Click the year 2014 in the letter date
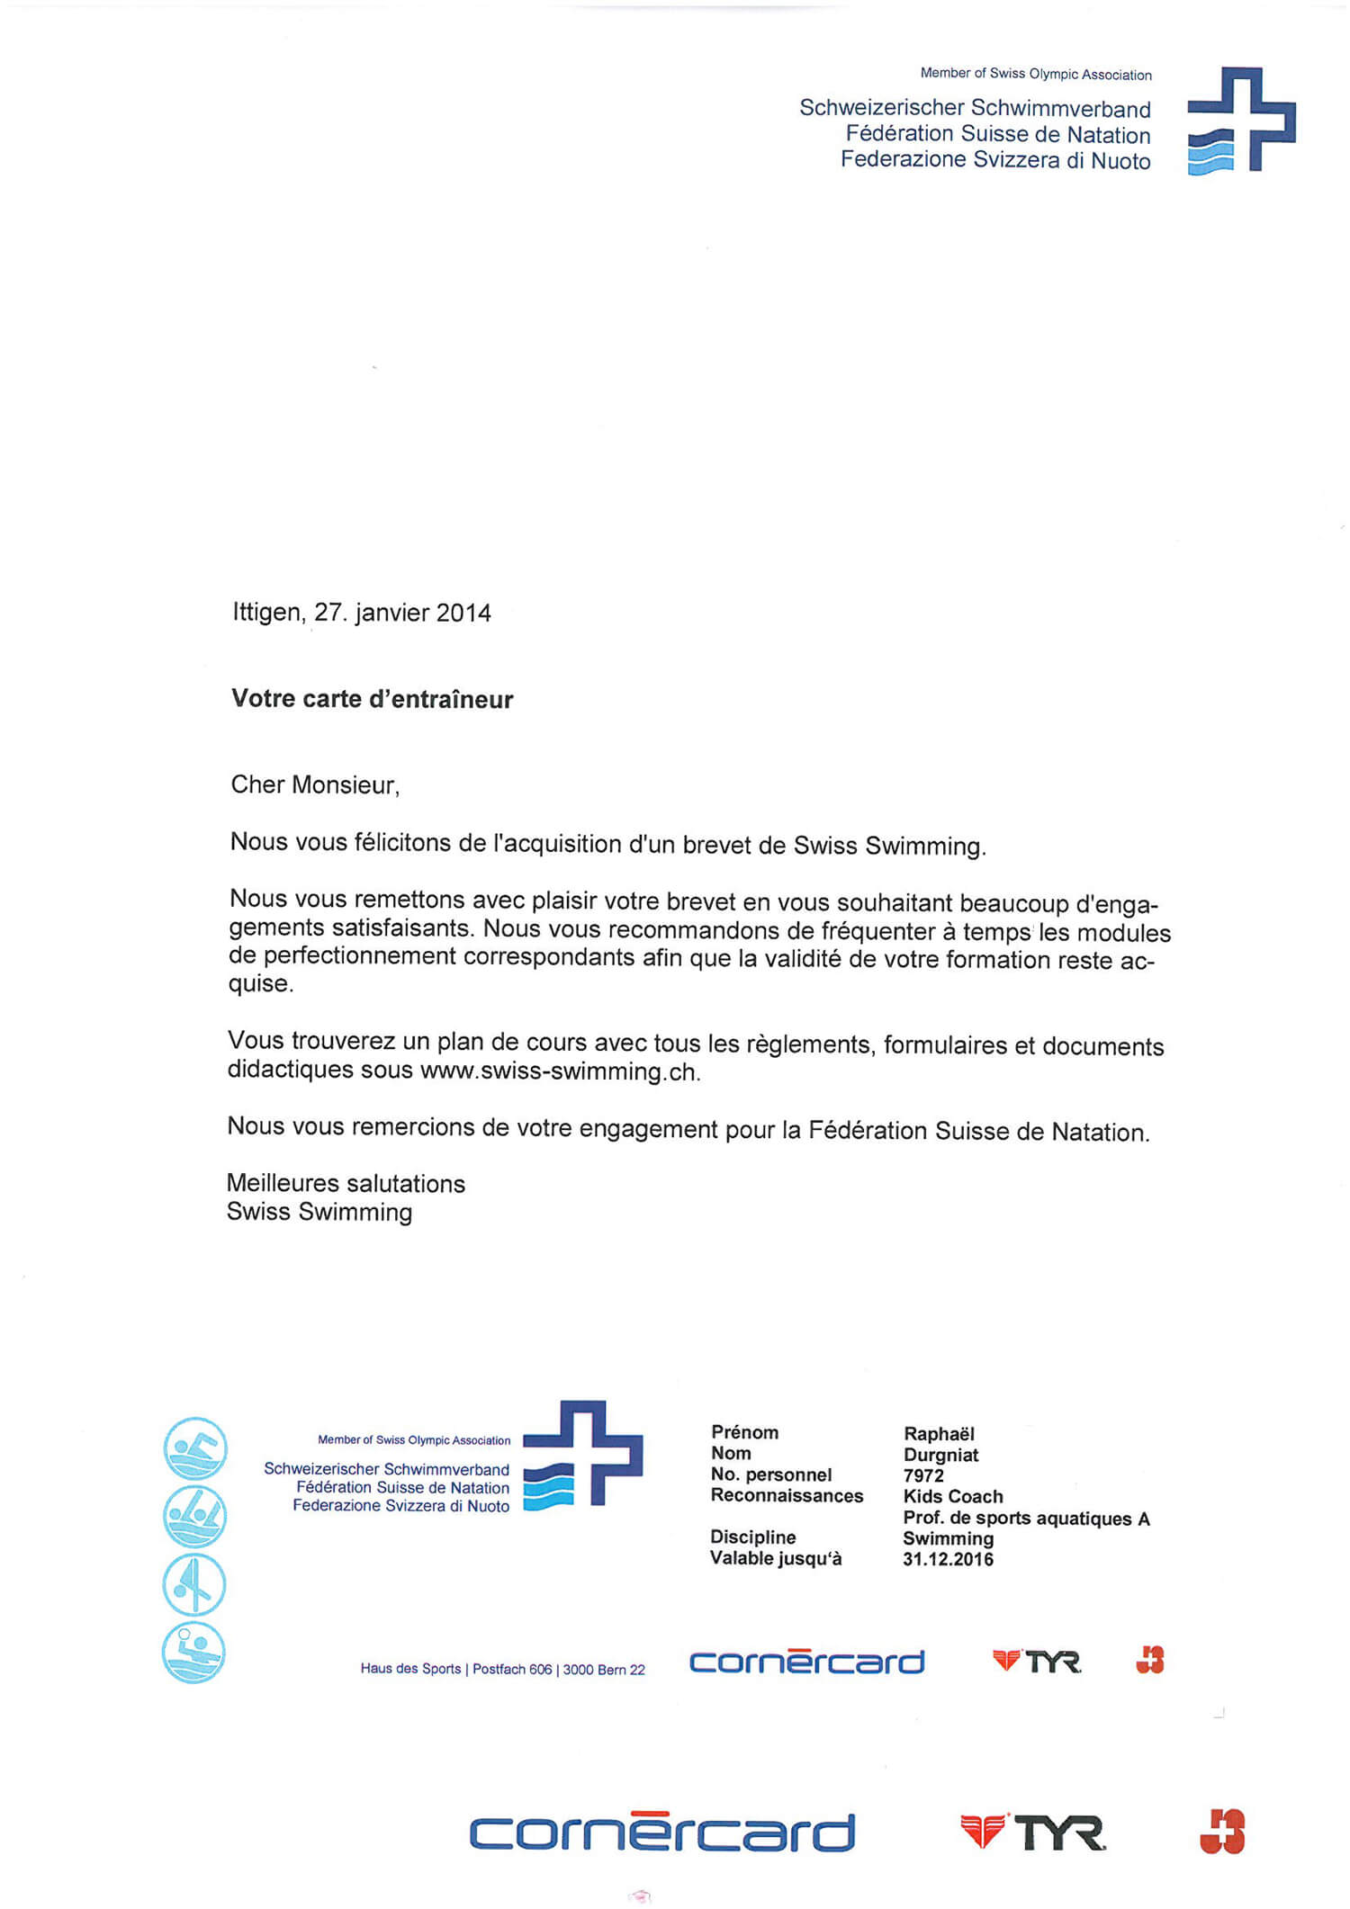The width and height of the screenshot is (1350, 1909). [x=463, y=614]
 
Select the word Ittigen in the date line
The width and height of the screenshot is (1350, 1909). [x=266, y=613]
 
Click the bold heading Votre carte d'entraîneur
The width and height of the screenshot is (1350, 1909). [x=372, y=699]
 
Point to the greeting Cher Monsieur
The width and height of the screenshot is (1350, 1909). [x=314, y=785]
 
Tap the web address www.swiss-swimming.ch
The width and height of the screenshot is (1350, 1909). [x=559, y=1071]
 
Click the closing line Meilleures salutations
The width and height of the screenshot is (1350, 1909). [x=346, y=1184]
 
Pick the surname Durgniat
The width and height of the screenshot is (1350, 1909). [x=940, y=1455]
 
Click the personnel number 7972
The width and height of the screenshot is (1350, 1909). [x=923, y=1475]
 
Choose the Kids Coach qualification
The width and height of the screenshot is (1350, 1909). [x=952, y=1497]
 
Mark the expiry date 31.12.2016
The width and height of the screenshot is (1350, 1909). [x=948, y=1560]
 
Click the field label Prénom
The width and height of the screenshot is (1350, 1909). [x=744, y=1432]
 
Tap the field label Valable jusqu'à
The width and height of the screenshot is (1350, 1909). [x=775, y=1558]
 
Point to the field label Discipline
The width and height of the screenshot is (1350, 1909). [x=752, y=1537]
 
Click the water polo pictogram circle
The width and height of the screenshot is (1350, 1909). [x=193, y=1653]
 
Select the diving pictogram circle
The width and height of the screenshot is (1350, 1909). [x=193, y=1585]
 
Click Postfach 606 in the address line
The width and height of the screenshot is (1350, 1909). [x=512, y=1670]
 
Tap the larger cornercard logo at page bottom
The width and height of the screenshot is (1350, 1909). [x=661, y=1833]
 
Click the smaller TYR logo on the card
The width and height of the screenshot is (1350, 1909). [x=1036, y=1662]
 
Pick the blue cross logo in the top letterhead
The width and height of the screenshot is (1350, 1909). [x=1241, y=120]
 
